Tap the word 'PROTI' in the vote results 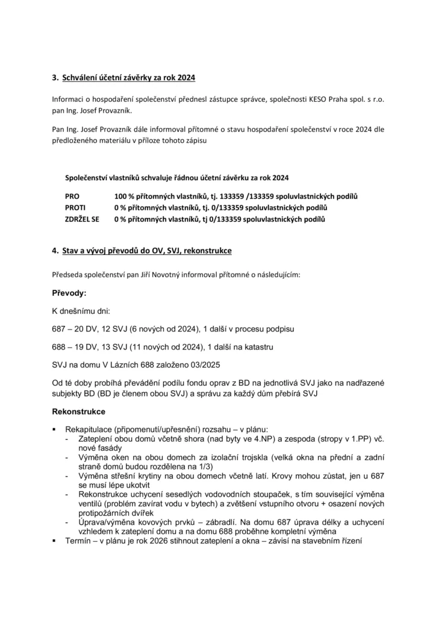tap(75, 208)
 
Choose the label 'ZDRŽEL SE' tap(83, 219)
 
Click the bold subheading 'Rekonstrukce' tap(79, 412)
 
